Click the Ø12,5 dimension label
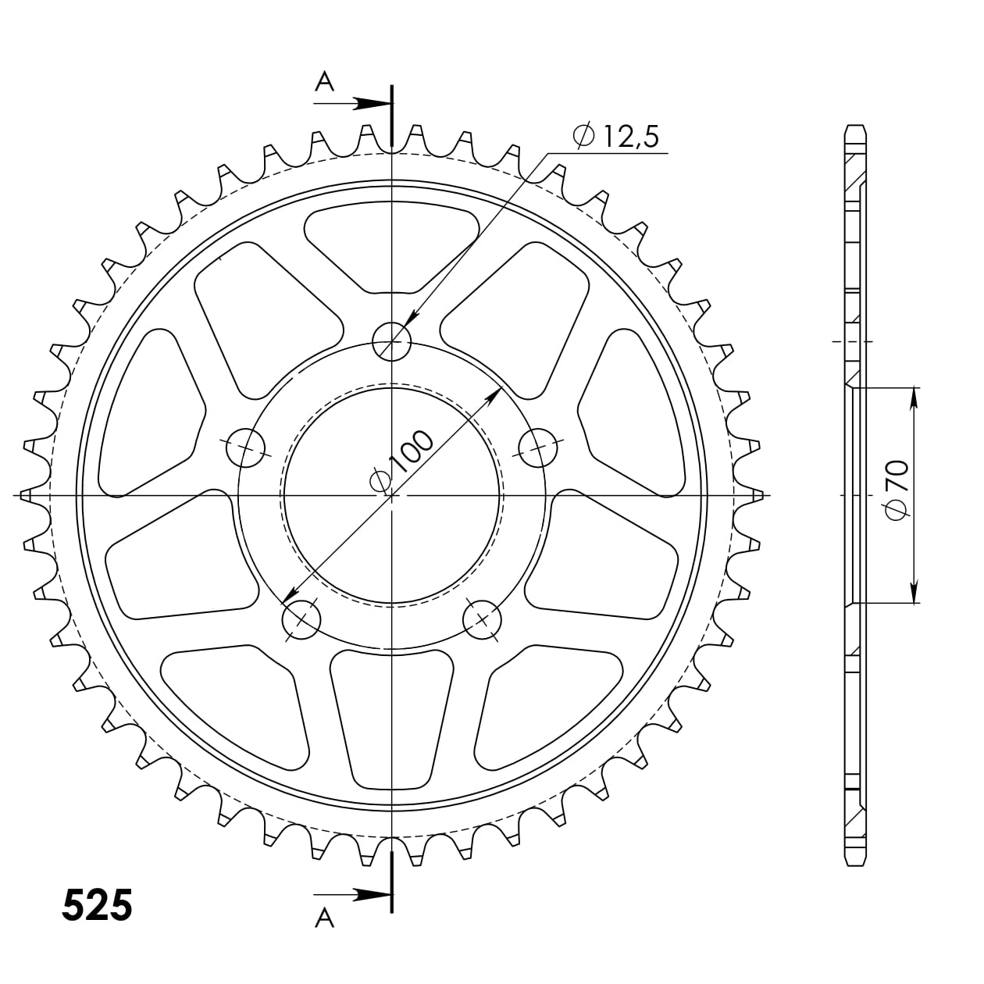click(x=616, y=137)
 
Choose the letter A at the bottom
click(x=324, y=920)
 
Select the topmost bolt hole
click(x=391, y=341)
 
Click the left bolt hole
click(x=246, y=447)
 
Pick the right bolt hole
click(x=538, y=447)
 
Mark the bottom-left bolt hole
click(x=301, y=619)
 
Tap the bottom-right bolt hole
click(x=482, y=619)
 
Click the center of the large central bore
click(x=391, y=495)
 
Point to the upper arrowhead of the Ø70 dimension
click(x=914, y=398)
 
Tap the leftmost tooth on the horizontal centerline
click(x=27, y=495)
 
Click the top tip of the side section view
click(x=855, y=127)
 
